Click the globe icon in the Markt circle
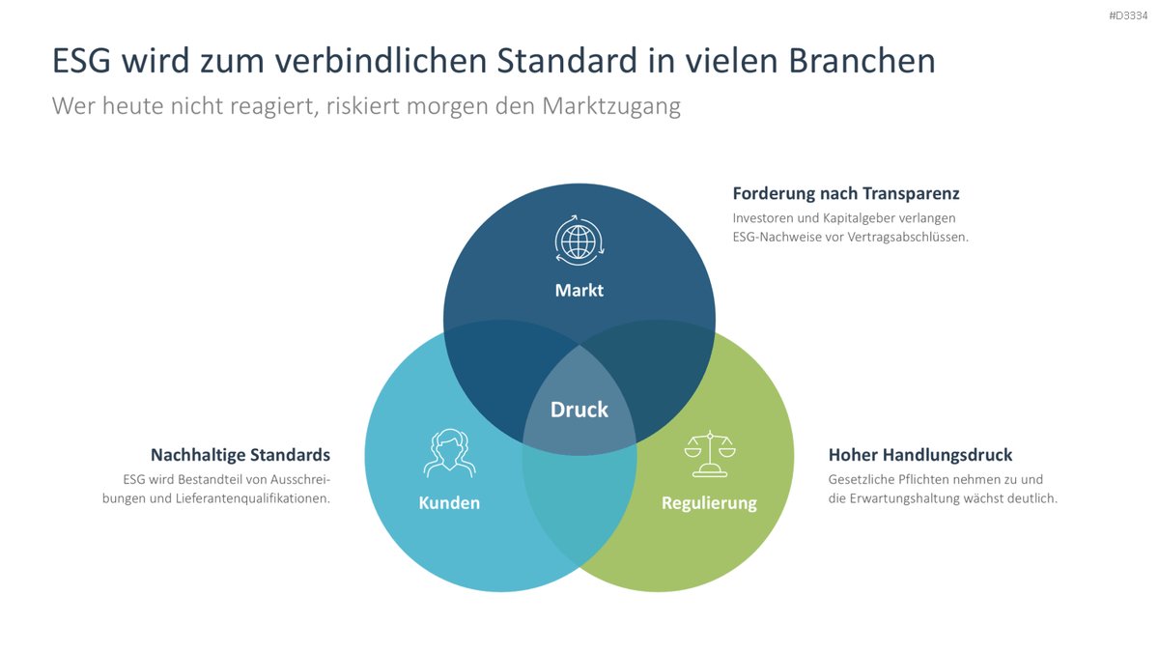pyautogui.click(x=579, y=241)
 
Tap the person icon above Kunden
pyautogui.click(x=449, y=453)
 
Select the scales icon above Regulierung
pyautogui.click(x=710, y=453)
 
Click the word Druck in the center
pyautogui.click(x=579, y=410)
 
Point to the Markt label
pyautogui.click(x=579, y=291)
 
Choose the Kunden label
pyautogui.click(x=449, y=502)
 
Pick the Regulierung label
pyautogui.click(x=709, y=503)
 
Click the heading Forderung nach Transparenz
pyautogui.click(x=846, y=193)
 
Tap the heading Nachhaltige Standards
pyautogui.click(x=240, y=455)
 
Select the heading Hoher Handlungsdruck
pyautogui.click(x=919, y=455)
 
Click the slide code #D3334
pyautogui.click(x=1128, y=15)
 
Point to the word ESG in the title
pyautogui.click(x=81, y=61)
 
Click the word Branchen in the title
pyautogui.click(x=862, y=61)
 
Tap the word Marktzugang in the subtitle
pyautogui.click(x=611, y=106)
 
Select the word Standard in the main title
pyautogui.click(x=567, y=61)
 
